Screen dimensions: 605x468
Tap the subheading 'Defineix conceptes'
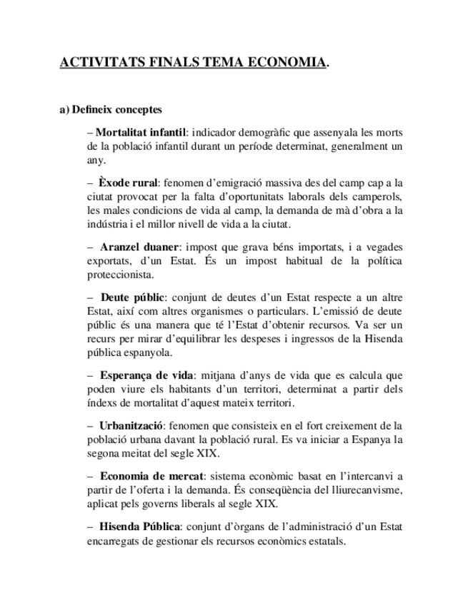point(117,110)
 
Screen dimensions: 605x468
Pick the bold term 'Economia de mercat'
point(152,476)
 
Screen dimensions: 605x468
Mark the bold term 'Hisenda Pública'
point(139,527)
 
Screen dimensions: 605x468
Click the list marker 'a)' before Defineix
point(65,110)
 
